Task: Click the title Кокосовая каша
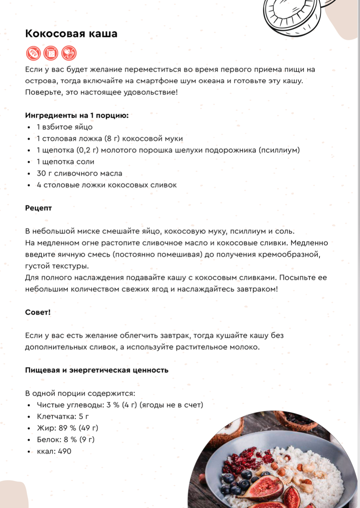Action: click(71, 33)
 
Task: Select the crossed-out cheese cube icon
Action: click(51, 53)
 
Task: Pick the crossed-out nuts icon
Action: click(69, 53)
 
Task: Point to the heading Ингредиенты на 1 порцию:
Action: click(77, 115)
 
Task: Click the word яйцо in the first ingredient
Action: click(83, 127)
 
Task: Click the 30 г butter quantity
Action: click(44, 173)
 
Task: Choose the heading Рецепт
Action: click(38, 208)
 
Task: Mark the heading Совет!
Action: click(38, 312)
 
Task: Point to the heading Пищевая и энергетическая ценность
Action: click(97, 370)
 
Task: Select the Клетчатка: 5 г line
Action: click(63, 416)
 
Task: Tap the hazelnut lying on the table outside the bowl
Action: click(202, 478)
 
